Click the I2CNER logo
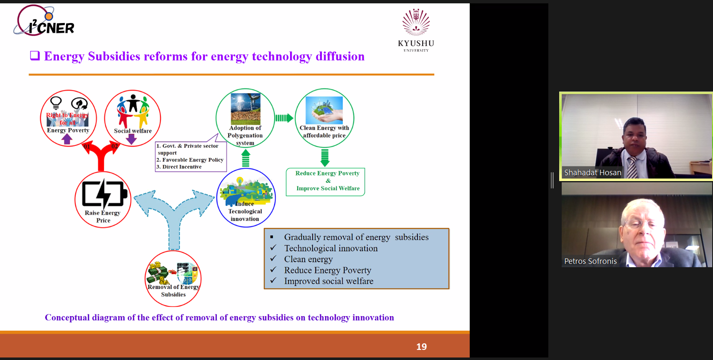[x=44, y=20]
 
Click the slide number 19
[x=421, y=347]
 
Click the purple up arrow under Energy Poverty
[x=66, y=139]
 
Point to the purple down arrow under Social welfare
[x=131, y=139]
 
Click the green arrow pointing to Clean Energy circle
[x=284, y=118]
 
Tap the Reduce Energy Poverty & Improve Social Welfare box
[x=325, y=182]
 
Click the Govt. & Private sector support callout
[x=191, y=156]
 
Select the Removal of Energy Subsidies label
[x=173, y=291]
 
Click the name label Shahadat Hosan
[x=592, y=173]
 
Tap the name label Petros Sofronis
[x=591, y=261]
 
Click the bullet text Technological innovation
[x=331, y=248]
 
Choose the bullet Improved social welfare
[x=328, y=281]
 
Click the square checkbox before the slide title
[x=35, y=56]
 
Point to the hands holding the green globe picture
[x=324, y=110]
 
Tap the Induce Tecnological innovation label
[x=245, y=211]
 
